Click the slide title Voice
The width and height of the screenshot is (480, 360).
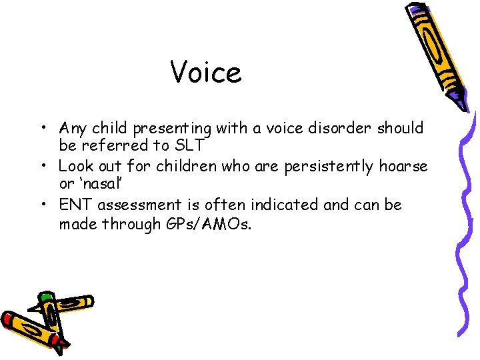point(206,72)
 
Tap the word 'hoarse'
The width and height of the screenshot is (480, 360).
point(403,166)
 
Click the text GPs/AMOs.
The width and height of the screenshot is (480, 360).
point(208,225)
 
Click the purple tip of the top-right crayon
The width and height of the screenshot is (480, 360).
point(459,101)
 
